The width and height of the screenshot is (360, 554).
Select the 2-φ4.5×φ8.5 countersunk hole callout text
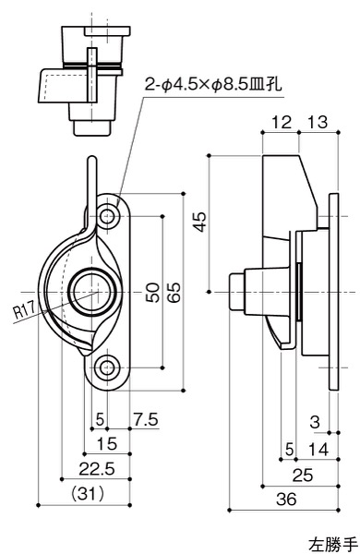213,85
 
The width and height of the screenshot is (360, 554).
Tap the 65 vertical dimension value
174,293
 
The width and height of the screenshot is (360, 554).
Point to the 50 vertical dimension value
153,293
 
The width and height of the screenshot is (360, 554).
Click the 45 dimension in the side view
199,222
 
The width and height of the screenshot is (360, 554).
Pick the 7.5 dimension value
146,420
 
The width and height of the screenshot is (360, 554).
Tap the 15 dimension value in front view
106,444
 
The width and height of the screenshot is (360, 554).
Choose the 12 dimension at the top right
282,122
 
